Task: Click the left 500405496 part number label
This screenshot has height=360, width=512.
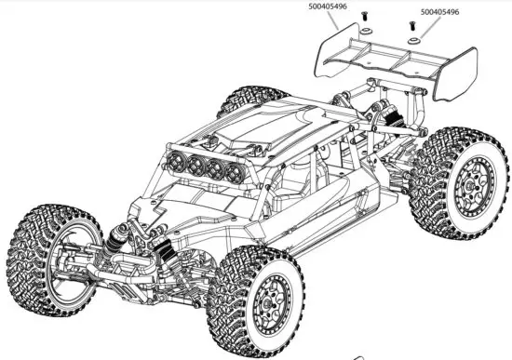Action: click(328, 7)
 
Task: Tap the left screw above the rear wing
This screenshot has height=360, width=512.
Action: click(364, 17)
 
